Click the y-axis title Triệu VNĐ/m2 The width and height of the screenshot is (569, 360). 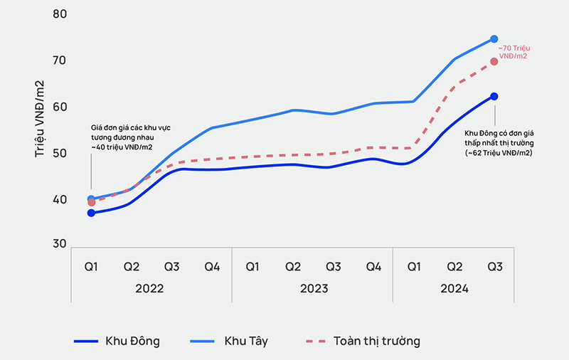(41, 119)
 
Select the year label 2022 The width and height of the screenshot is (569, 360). (150, 289)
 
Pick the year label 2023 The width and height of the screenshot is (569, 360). (313, 289)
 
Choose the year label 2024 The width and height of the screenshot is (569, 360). (454, 289)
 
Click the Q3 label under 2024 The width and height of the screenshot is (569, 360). (495, 267)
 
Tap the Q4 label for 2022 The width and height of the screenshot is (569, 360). (212, 267)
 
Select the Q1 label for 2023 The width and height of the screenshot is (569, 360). (252, 267)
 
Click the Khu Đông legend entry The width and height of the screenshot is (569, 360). (117, 341)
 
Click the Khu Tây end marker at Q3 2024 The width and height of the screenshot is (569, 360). (494, 39)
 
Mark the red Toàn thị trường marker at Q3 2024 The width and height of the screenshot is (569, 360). (494, 61)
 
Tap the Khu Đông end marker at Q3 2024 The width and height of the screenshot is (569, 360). (494, 96)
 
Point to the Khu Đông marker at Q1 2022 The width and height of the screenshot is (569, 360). (91, 213)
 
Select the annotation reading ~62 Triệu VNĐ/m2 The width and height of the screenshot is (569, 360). (499, 142)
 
